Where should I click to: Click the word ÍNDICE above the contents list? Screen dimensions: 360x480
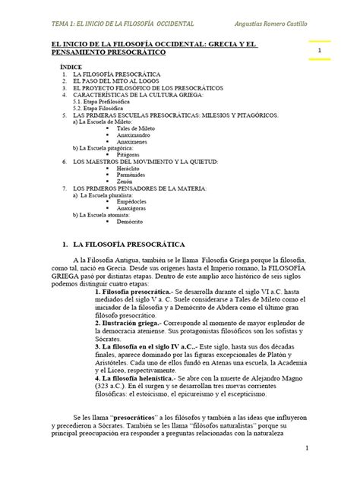coord(72,68)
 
